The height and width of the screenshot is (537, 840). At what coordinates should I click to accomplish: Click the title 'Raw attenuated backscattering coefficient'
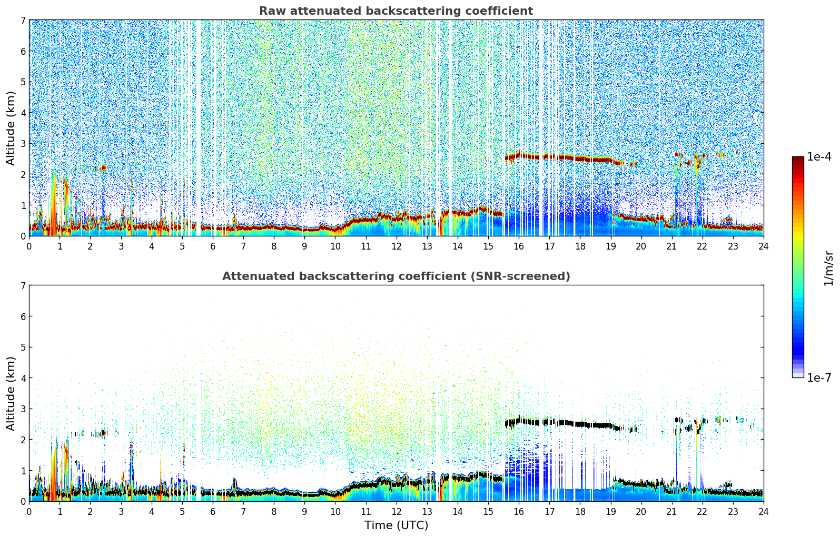coord(396,11)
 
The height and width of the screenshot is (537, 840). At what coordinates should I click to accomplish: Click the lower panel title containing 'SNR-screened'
coord(396,276)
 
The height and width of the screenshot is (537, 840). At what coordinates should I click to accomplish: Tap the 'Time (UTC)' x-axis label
coord(396,525)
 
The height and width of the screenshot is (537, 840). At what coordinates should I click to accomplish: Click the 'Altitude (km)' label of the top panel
coord(11,128)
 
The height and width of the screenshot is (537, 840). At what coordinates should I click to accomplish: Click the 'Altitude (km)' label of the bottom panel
coord(11,393)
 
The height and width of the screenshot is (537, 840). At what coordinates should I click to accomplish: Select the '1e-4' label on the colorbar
coord(819,157)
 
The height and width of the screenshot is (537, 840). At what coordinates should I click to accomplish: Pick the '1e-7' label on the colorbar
coord(819,377)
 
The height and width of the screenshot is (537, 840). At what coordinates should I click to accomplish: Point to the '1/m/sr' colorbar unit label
coord(828,267)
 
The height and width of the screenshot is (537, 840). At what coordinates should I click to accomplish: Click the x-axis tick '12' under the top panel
coord(396,246)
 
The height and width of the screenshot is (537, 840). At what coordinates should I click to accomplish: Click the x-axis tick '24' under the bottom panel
coord(763,511)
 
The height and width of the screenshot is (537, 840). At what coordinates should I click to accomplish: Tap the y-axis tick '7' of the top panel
coord(23,21)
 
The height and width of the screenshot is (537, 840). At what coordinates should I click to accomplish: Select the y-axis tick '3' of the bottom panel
coord(23,409)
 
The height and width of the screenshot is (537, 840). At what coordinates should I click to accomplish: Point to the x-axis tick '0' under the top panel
coord(29,246)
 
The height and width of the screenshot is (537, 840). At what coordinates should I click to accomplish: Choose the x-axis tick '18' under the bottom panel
coord(580,511)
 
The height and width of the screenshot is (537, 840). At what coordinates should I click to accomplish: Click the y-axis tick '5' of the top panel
coord(23,82)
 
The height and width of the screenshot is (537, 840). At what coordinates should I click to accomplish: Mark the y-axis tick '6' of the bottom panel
coord(23,316)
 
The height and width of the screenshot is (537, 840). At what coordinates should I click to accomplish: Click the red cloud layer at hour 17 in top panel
coord(549,156)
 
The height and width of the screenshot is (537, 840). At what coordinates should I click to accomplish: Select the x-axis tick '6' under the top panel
coord(213,246)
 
